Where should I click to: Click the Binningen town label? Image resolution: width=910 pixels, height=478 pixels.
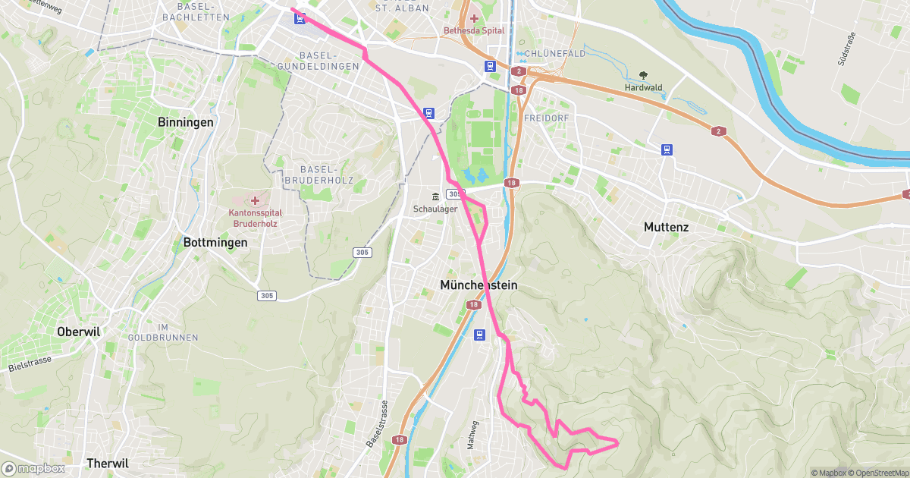(185, 122)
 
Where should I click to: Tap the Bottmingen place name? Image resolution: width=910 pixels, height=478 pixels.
(215, 243)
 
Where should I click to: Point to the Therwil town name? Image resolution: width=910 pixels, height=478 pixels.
(108, 463)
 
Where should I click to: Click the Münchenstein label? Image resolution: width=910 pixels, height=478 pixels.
(479, 285)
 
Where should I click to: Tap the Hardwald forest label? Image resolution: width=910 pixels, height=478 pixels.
(643, 88)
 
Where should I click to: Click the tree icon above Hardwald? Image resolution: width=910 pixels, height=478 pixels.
(643, 75)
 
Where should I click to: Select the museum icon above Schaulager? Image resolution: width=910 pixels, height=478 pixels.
(435, 197)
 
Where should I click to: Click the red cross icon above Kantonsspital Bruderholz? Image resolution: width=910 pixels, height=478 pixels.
(255, 201)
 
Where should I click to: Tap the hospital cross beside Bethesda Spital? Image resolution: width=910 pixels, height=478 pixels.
(474, 18)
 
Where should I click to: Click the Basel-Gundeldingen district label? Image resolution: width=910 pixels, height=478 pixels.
(328, 61)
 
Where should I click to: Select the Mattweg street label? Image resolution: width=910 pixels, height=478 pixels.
(472, 435)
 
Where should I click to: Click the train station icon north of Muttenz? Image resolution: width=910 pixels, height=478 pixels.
(667, 149)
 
